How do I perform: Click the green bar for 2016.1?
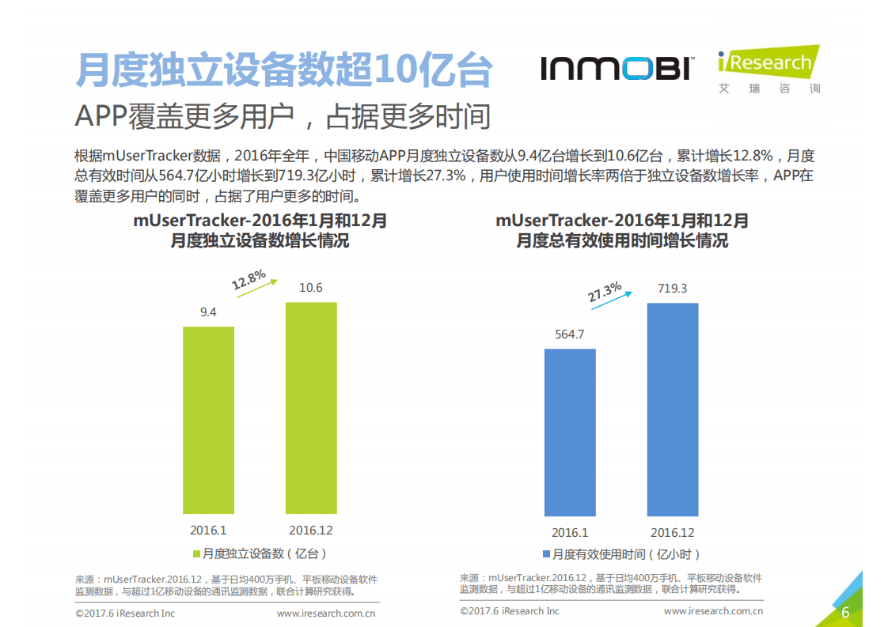click(208, 421)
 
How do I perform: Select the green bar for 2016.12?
click(310, 409)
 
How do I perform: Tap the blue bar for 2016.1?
click(570, 432)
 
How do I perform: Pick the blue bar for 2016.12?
click(673, 410)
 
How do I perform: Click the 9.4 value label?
click(208, 312)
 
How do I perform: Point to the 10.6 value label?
click(310, 288)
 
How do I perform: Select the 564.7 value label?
click(570, 334)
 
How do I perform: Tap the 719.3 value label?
click(673, 289)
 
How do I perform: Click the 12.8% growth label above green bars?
click(248, 279)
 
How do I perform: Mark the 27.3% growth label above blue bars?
click(605, 292)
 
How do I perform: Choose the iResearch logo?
click(767, 69)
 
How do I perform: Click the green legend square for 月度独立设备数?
click(195, 553)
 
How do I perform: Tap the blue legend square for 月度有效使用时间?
click(546, 554)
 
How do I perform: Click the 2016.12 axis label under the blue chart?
click(673, 533)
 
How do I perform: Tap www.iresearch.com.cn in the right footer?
click(713, 611)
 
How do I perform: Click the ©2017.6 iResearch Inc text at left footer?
click(125, 613)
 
